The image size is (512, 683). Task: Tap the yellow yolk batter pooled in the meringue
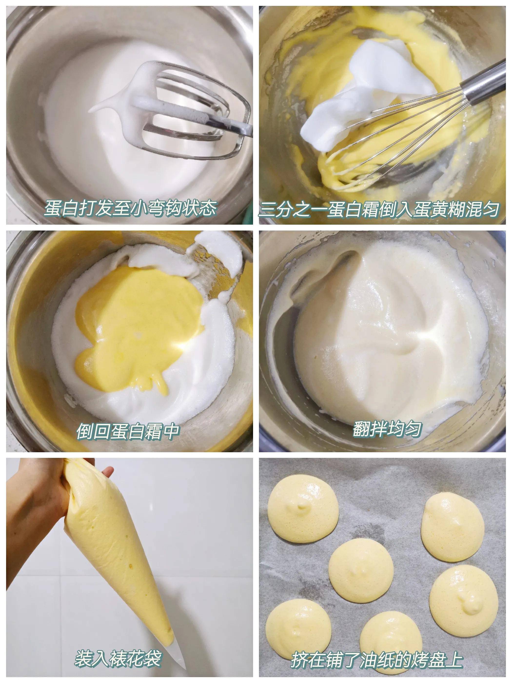pyautogui.click(x=136, y=324)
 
